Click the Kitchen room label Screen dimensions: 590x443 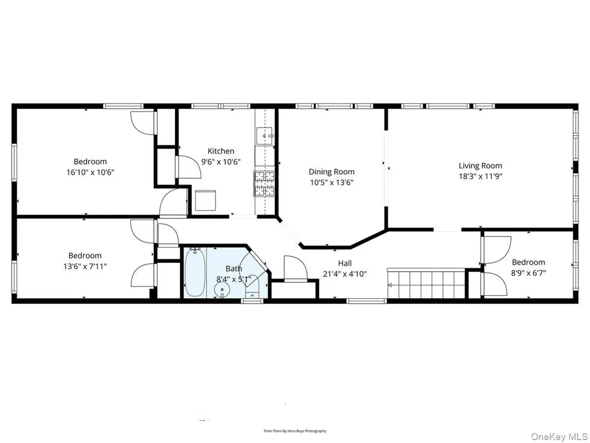221,151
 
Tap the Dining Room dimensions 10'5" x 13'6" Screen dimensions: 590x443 331,183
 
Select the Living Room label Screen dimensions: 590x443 480,166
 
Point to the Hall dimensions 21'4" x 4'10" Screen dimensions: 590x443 345,274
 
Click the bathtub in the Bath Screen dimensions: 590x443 195,272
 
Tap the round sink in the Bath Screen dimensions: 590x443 222,290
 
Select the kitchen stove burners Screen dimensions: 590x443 264,183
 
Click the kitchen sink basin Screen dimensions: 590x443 264,136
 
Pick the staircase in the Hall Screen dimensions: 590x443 427,283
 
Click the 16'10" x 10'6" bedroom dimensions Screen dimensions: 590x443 90,172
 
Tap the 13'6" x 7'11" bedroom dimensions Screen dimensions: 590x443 85,266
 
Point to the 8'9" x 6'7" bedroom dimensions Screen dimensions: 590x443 528,273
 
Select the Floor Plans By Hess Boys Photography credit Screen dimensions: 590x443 294,431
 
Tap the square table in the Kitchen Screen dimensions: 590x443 206,201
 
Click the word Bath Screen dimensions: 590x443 234,269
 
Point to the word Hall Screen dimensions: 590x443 345,263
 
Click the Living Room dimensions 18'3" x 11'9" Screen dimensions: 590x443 481,177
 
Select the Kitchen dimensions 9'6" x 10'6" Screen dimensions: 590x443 221,162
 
